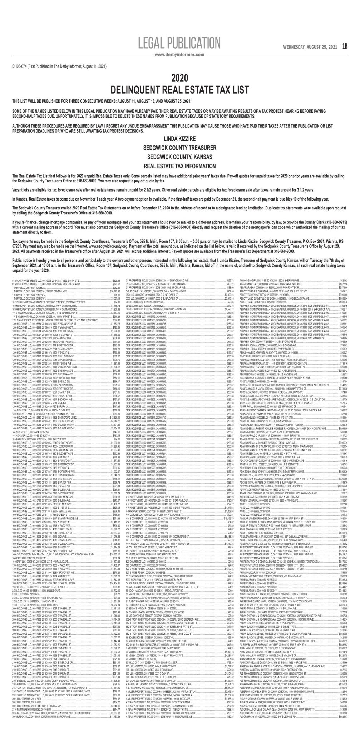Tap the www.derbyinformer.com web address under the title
179,55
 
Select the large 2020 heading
180,78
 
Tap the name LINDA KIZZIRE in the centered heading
180,138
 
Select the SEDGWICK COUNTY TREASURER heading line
180,147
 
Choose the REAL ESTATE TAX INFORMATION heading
180,166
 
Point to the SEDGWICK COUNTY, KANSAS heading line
180,156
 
